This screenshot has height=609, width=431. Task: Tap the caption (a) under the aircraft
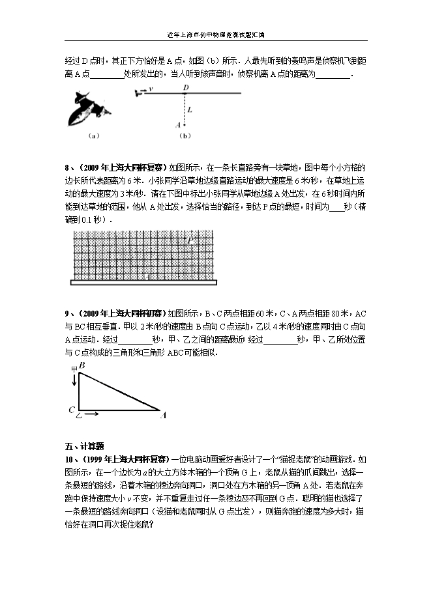pos(92,136)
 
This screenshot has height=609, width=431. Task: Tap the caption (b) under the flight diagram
pos(185,136)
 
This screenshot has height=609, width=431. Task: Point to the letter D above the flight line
pos(186,87)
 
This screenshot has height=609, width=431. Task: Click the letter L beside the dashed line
pos(190,110)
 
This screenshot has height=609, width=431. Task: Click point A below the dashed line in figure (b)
pos(178,124)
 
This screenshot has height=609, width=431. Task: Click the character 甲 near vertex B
pos(74,369)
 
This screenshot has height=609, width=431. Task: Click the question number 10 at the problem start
pos(69,459)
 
